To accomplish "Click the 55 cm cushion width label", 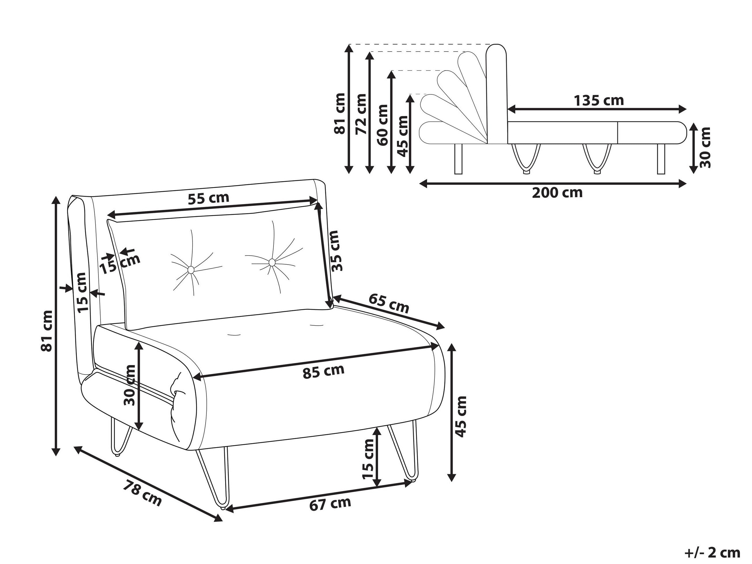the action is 208,198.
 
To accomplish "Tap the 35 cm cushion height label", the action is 335,250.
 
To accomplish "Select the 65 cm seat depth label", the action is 389,303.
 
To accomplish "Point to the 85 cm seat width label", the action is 323,371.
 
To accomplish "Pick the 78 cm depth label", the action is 142,493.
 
